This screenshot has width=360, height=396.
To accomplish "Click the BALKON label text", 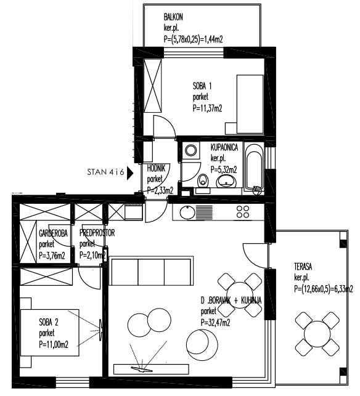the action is pos(173,17).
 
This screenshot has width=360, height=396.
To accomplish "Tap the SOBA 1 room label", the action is pos(202,86).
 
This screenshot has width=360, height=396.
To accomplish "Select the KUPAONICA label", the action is pos(224,147).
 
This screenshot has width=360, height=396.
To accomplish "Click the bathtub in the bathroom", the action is pos(254,167).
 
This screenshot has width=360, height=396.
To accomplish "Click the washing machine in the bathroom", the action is pos(190,150).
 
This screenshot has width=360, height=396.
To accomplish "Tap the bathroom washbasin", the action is pos(226,181).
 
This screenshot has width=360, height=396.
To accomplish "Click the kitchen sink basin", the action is pos(187,212).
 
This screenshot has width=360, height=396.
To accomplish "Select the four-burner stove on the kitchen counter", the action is pos(243,212).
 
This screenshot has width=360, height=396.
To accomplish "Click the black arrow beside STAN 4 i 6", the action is pos(130,172).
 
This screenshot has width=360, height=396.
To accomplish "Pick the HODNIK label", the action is pos(156,169).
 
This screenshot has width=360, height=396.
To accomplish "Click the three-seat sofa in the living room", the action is pos(151,271).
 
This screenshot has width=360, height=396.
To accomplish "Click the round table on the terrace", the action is pos(317,334).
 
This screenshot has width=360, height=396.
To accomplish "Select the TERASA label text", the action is pos(303,267).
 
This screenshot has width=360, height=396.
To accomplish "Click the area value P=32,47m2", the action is pos(215,323).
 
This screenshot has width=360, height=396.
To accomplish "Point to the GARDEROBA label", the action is pos(54,233).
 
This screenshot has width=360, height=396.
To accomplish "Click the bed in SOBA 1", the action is pos(250,104).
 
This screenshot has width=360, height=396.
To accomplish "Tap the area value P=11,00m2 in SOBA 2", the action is pos(54,344).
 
